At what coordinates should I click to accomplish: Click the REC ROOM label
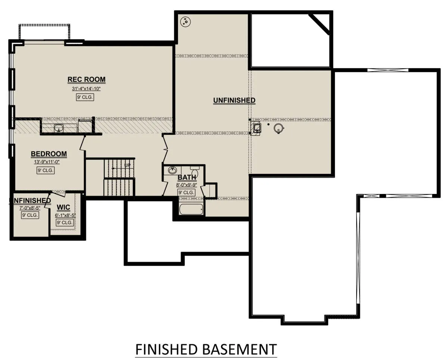pos(86,79)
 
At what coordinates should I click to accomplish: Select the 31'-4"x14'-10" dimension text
pos(86,89)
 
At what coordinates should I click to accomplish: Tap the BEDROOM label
pos(49,154)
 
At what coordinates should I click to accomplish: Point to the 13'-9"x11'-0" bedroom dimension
pos(47,162)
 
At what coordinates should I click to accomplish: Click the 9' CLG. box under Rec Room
pos(85,97)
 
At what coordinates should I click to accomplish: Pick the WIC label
pos(63,207)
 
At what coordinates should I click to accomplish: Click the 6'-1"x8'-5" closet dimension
pos(65,215)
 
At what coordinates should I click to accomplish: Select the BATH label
pos(187,178)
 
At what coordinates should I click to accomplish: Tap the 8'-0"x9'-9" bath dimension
pos(187,185)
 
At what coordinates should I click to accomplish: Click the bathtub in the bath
pos(191,209)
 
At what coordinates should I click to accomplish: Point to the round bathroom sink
pos(172,170)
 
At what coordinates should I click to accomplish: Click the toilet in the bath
pos(195,172)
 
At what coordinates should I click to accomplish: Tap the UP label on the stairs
pos(127,165)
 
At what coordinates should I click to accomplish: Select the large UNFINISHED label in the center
pos(234,100)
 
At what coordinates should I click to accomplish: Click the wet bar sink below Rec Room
pos(59,128)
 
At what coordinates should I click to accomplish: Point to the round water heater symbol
pos(279,128)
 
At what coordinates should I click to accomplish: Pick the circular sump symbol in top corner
pos(186,21)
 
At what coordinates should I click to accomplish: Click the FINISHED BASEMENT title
pos(206,350)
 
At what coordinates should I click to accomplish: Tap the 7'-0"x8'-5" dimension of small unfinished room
pos(30,208)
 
